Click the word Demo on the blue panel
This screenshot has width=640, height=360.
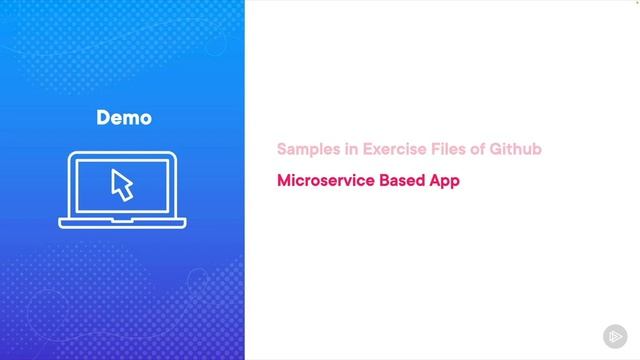124,118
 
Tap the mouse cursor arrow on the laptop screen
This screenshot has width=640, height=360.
121,184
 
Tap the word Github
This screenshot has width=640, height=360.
518,149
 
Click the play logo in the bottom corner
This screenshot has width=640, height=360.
615,336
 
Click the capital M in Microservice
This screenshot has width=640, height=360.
284,182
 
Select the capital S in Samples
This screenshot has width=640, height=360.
282,149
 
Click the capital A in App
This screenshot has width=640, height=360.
439,182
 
